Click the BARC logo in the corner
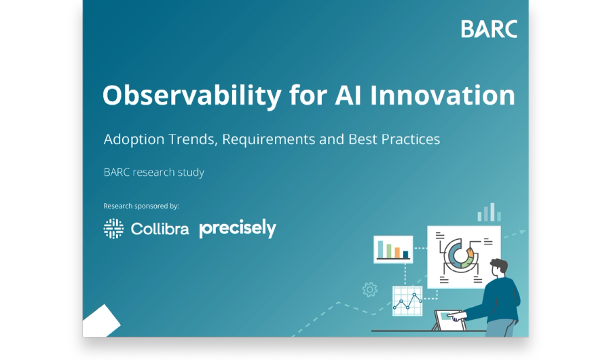[x=489, y=29]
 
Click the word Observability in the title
[x=191, y=96]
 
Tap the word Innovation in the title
[x=442, y=95]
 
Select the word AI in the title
[x=348, y=95]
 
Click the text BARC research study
[x=154, y=173]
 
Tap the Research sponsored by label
[x=141, y=206]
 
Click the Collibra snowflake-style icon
[x=113, y=228]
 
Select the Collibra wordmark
[x=160, y=229]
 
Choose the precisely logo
[x=238, y=228]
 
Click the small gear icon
[x=369, y=289]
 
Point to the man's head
[x=499, y=268]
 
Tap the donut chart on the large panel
[x=460, y=256]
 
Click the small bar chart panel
[x=393, y=249]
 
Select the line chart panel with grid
[x=407, y=301]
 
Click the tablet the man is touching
[x=449, y=320]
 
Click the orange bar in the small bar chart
[x=397, y=253]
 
